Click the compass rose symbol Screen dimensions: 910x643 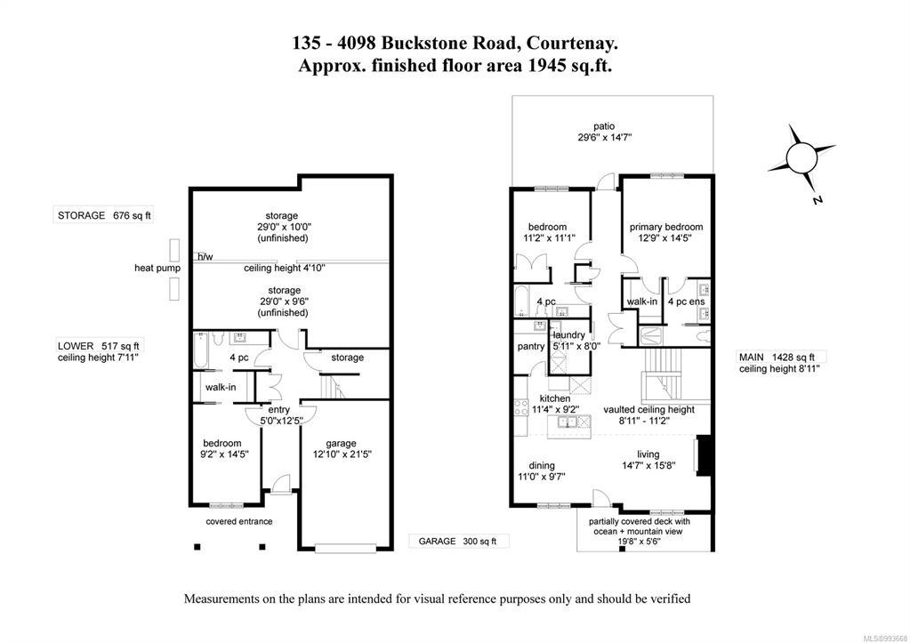tap(801, 157)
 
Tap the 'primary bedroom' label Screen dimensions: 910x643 tap(665, 227)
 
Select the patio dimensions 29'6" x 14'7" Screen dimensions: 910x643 tap(604, 138)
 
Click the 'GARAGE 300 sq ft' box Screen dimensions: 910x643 tap(458, 542)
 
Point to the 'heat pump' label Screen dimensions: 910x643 tap(157, 268)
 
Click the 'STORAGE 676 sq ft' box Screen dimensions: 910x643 tap(104, 215)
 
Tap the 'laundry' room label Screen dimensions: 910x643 tap(568, 335)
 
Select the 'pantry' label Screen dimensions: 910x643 tap(531, 347)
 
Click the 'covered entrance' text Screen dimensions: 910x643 tap(239, 522)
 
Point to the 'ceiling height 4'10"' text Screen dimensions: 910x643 tap(285, 268)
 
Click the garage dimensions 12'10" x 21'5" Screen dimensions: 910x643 tap(342, 454)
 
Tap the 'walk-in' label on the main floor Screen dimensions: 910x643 tap(642, 301)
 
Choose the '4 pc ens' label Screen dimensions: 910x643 tap(686, 301)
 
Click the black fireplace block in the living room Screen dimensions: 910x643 tap(703, 455)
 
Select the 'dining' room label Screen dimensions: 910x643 tap(542, 465)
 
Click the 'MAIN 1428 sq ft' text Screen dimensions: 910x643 tap(777, 358)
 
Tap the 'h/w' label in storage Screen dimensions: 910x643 tap(205, 256)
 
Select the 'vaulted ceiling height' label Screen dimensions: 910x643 tap(648, 410)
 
